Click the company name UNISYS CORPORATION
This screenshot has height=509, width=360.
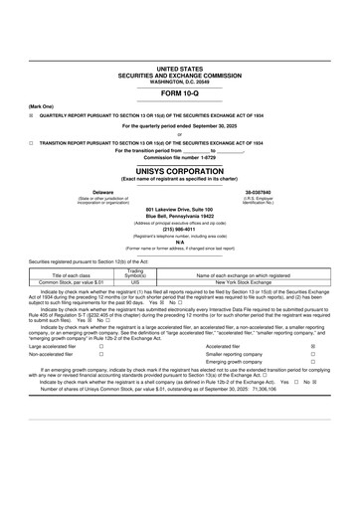[179, 171]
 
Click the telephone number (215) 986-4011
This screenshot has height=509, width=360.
[179, 228]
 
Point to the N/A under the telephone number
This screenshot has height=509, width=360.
[179, 242]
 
